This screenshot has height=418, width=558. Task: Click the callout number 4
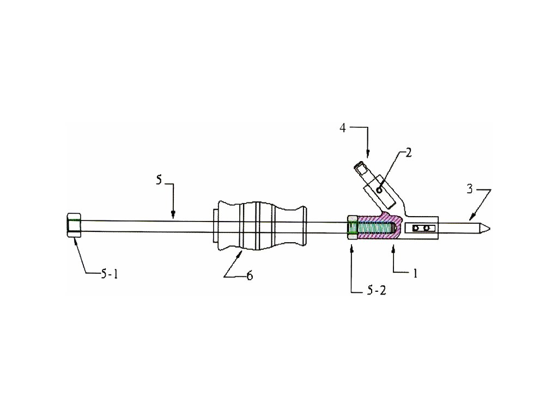coord(343,128)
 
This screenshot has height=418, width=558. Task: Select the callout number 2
coord(408,152)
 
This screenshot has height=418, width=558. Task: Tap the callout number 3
coord(469,189)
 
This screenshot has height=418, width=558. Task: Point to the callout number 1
coord(415,273)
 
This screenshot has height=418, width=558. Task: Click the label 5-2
coord(375,291)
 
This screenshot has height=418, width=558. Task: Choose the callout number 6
coord(250,276)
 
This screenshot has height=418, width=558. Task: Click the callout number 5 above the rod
coord(159,180)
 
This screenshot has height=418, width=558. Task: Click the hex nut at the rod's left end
coord(74,225)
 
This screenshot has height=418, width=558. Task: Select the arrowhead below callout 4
coord(368,153)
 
